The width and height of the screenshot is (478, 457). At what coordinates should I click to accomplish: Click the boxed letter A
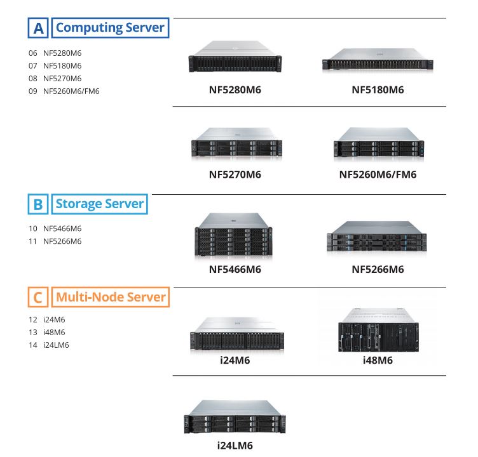[38, 29]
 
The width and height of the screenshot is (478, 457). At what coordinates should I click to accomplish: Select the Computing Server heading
[110, 28]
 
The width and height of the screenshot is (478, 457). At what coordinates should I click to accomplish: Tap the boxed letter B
[38, 205]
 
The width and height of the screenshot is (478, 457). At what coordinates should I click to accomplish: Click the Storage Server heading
[100, 204]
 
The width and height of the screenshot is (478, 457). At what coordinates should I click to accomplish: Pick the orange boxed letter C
[38, 297]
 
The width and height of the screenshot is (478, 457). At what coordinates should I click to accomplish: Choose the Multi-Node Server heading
[111, 297]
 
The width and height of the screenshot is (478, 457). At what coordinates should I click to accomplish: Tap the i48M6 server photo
[378, 330]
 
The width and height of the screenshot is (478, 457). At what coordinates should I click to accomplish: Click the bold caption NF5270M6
[235, 175]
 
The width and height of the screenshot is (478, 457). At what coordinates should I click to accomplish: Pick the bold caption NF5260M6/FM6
[378, 175]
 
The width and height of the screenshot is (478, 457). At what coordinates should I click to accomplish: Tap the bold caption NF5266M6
[378, 269]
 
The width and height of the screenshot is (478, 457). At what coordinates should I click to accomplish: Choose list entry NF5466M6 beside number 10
[62, 228]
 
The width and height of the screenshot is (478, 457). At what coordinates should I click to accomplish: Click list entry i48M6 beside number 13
[54, 333]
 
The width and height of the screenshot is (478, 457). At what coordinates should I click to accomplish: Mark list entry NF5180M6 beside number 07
[62, 65]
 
